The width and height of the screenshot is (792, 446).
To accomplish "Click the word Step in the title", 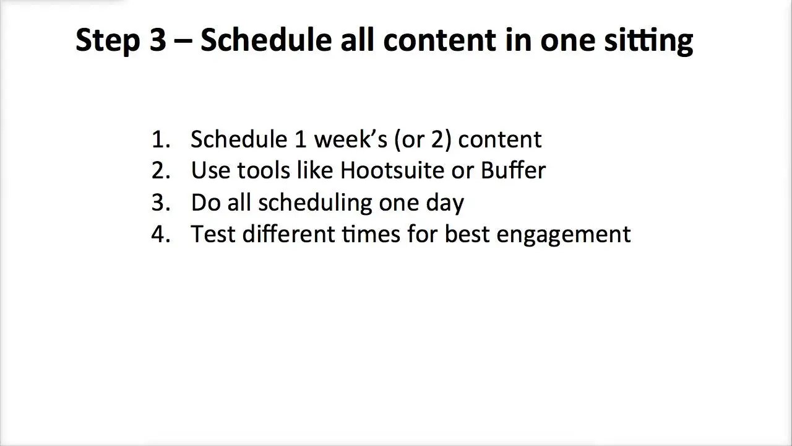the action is click(108, 41).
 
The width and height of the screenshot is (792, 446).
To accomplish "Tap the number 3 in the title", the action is click(158, 40).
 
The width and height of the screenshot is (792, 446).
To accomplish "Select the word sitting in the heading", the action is click(648, 42).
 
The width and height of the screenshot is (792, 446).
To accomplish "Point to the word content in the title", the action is click(439, 40).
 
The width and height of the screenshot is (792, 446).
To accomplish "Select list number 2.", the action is click(161, 170).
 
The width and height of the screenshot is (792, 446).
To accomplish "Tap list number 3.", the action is click(161, 203).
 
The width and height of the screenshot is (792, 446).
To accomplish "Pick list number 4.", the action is click(161, 234).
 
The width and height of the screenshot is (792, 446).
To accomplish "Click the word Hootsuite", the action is click(392, 170).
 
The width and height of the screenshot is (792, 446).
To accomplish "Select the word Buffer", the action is click(513, 170).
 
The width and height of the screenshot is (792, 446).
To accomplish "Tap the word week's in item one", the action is click(350, 139).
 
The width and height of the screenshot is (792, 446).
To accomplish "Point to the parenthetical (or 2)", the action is click(423, 140).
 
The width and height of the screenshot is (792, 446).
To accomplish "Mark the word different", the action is click(288, 234).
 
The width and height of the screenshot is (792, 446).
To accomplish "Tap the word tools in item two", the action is click(264, 170).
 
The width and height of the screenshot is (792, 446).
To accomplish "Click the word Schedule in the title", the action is click(266, 40).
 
